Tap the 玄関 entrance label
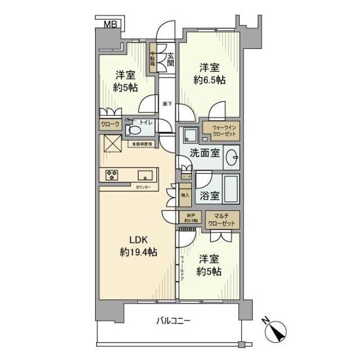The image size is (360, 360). click(x=170, y=59)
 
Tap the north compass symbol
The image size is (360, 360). click(x=276, y=330)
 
